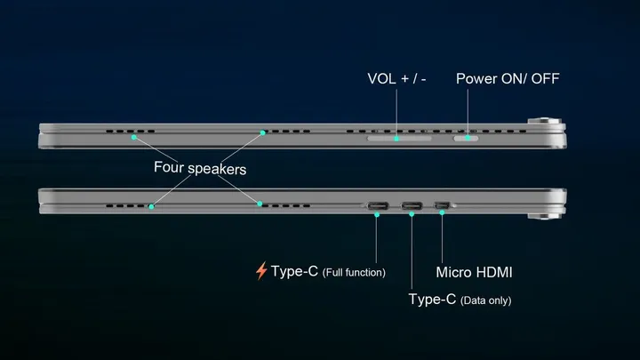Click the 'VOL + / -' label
click(x=397, y=78)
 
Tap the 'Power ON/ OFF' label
click(x=508, y=78)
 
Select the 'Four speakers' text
click(x=200, y=167)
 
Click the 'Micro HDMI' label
click(x=474, y=271)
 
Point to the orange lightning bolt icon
click(x=261, y=271)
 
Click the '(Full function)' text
click(x=354, y=272)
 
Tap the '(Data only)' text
click(x=485, y=300)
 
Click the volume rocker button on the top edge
click(x=398, y=138)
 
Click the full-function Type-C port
click(x=377, y=206)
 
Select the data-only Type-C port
click(x=412, y=206)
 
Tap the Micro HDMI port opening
click(x=442, y=206)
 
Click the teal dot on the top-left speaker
click(x=133, y=137)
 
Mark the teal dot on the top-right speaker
click(x=262, y=133)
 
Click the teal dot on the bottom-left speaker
click(x=151, y=207)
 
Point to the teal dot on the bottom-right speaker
click(x=260, y=204)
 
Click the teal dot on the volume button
click(x=397, y=138)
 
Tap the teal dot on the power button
click(x=468, y=138)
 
